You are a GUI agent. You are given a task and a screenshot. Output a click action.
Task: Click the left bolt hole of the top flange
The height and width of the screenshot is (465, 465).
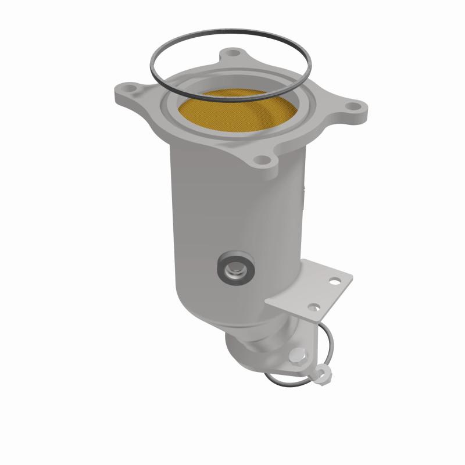click(126, 92)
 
